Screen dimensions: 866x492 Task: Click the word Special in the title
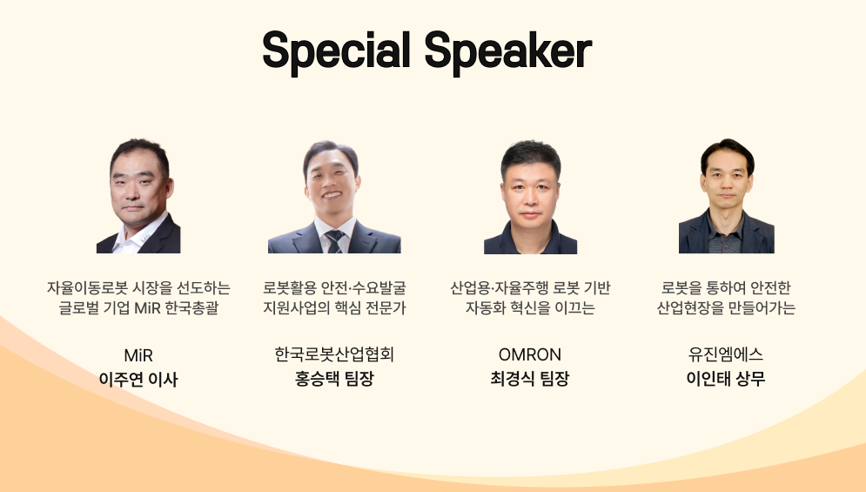click(x=336, y=51)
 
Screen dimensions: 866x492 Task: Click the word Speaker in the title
click(x=508, y=51)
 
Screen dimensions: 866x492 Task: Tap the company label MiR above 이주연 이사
click(x=138, y=355)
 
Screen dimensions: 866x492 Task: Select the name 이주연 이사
click(x=138, y=379)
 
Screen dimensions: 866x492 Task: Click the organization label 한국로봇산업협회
click(x=334, y=354)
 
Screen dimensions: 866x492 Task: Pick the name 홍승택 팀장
click(x=334, y=379)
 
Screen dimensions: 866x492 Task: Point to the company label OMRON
click(x=530, y=354)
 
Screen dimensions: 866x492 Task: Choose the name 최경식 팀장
click(x=530, y=379)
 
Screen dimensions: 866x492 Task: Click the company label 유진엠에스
click(x=726, y=354)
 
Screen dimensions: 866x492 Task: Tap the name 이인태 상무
click(x=726, y=379)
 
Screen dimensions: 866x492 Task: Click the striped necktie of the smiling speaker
click(x=335, y=241)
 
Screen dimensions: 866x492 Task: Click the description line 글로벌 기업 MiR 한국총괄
click(x=138, y=307)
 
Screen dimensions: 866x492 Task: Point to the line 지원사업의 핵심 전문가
click(x=334, y=307)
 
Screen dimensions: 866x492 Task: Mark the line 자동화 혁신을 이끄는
click(x=530, y=307)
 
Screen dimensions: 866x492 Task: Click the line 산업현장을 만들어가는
click(x=726, y=307)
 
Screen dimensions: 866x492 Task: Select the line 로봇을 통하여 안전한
click(x=726, y=287)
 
